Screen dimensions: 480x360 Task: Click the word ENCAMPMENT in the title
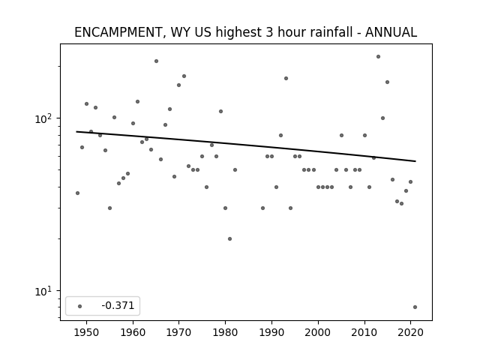pos(118,32)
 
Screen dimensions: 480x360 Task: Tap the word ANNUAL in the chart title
pos(391,32)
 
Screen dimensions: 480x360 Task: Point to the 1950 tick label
pos(87,332)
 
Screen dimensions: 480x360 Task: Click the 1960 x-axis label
pos(133,332)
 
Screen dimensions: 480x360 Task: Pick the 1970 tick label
pos(178,332)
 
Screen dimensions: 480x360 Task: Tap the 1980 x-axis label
pos(225,332)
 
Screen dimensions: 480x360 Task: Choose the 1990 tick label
pos(271,332)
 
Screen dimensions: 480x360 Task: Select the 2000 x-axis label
pos(318,332)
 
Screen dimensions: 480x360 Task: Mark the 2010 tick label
pos(364,332)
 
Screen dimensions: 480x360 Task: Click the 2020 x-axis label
pos(410,332)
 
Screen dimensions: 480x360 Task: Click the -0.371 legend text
pos(118,305)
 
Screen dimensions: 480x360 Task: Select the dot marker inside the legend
pos(80,306)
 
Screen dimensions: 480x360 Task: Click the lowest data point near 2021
pos(415,307)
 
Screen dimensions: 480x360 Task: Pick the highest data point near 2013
pos(378,57)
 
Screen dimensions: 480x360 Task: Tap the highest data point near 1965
pos(157,61)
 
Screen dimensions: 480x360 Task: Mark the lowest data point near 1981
pos(230,238)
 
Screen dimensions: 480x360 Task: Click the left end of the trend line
pos(76,132)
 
